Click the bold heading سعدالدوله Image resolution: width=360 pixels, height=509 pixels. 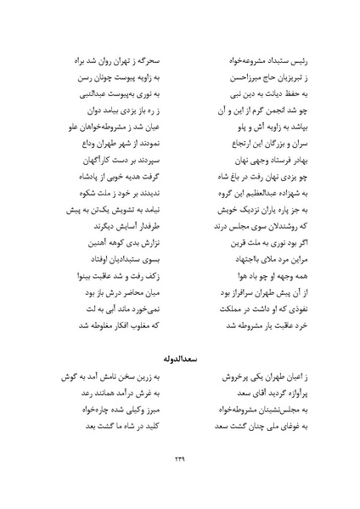pos(180,338)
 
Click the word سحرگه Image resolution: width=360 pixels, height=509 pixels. pos(152,64)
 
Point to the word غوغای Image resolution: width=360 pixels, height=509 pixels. pos(268,416)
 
